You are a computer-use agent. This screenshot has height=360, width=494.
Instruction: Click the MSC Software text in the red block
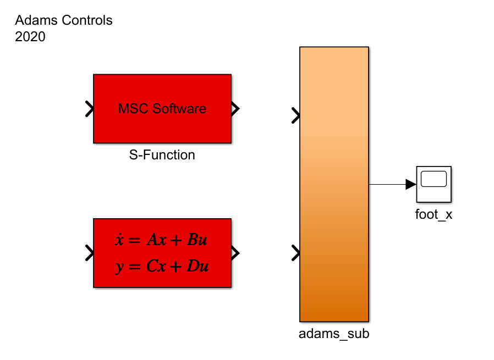162,109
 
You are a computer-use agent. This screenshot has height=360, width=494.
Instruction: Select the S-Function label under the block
162,155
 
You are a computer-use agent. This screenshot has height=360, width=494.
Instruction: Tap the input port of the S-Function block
89,109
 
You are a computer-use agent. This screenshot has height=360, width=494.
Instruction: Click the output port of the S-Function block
235,109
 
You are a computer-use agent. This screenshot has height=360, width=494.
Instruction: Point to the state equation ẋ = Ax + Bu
162,240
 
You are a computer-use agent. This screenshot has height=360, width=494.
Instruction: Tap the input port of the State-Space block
89,253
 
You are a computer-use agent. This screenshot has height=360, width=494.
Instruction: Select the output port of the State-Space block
235,253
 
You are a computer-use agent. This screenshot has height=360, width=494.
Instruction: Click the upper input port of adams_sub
296,115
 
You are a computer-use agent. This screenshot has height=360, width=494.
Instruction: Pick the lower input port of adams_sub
296,253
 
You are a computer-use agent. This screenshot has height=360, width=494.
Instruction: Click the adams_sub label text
334,333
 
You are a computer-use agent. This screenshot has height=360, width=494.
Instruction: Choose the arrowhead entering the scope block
411,185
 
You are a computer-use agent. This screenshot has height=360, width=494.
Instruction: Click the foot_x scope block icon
433,184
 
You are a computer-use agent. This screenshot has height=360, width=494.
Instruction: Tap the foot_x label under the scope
433,214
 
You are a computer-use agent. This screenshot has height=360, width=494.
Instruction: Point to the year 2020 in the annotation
30,37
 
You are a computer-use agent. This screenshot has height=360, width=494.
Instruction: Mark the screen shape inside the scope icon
433,179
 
